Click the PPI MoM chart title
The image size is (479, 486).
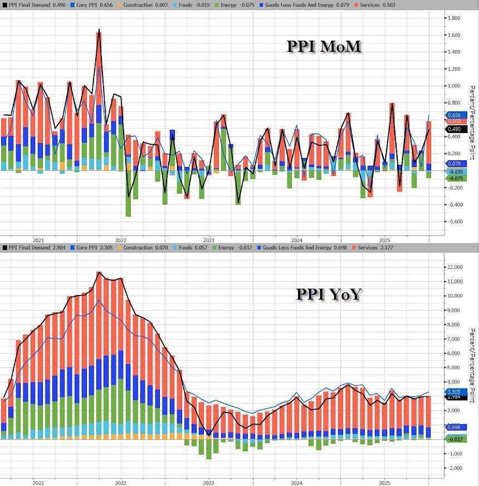pos(324,46)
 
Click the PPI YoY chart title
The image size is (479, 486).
pos(329,293)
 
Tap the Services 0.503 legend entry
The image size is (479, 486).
pos(377,4)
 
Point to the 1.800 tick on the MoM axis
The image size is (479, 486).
pos(454,18)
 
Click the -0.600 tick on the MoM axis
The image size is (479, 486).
pos(454,222)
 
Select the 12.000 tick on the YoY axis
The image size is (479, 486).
pos(455,267)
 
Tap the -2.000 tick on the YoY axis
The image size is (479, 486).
pos(455,468)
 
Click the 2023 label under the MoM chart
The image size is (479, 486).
pos(209,240)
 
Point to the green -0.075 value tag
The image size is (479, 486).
pos(454,178)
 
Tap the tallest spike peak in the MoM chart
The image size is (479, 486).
pos(99,30)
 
